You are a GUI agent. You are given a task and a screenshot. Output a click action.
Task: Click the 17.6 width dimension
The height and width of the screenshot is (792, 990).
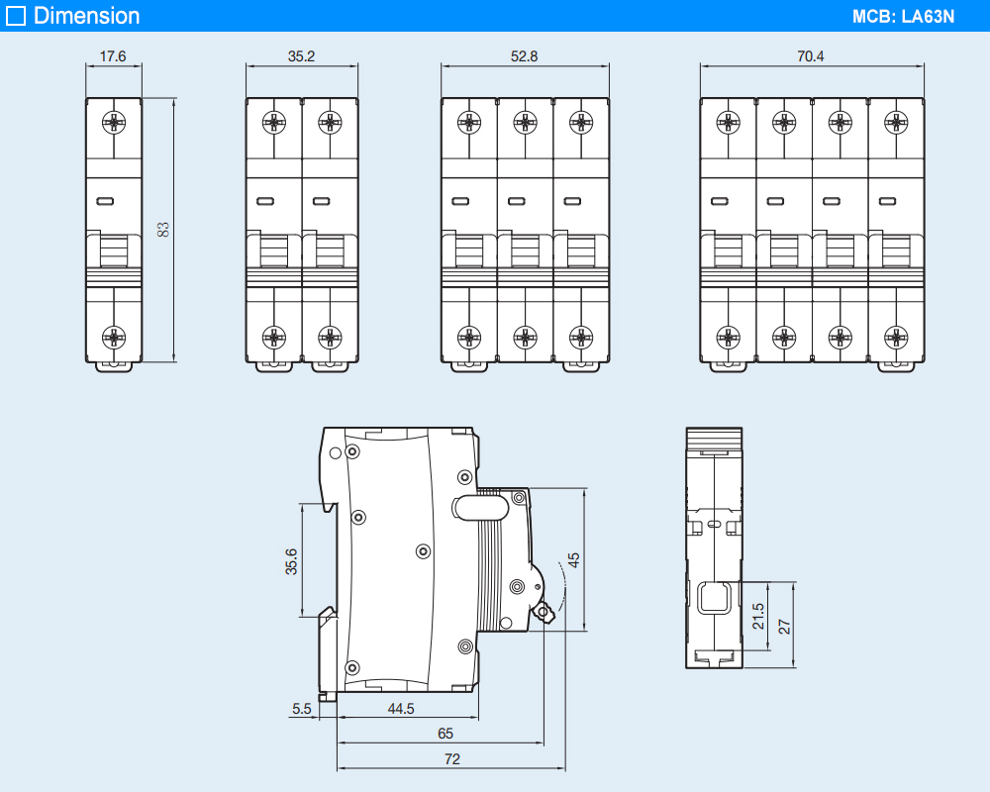[114, 56]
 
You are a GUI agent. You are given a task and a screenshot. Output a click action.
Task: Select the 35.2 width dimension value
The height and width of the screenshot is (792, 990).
[301, 56]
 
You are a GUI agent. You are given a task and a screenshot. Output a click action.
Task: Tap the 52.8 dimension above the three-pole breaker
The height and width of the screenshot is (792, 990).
[524, 56]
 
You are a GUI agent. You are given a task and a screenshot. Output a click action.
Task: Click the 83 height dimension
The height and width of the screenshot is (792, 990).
[164, 229]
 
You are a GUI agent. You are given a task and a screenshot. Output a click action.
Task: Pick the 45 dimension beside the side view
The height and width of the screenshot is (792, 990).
[573, 559]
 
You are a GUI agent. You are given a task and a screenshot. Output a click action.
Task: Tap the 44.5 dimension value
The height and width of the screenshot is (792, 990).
[401, 709]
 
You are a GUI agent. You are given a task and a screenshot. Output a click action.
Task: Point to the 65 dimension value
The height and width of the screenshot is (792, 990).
[445, 734]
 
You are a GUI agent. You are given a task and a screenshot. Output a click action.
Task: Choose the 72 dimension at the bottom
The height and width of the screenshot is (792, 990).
[452, 759]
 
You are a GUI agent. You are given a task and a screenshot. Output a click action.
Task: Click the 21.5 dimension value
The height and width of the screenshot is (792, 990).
[758, 617]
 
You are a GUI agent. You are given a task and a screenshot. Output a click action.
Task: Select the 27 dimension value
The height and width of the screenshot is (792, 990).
[784, 627]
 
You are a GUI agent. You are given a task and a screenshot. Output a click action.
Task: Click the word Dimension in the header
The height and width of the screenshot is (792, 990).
[87, 16]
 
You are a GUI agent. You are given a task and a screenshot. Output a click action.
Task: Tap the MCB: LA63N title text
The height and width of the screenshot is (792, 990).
[903, 17]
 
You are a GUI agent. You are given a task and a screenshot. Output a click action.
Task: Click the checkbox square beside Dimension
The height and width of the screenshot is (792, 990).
[16, 16]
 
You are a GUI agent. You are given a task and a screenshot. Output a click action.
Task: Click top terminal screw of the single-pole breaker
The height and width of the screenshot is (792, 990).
[114, 123]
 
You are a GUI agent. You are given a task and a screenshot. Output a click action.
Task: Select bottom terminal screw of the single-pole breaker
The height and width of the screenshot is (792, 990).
[114, 338]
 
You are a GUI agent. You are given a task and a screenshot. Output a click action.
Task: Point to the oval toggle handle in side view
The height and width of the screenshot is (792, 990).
[480, 508]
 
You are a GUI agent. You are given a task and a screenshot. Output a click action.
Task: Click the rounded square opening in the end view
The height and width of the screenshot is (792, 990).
[715, 598]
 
